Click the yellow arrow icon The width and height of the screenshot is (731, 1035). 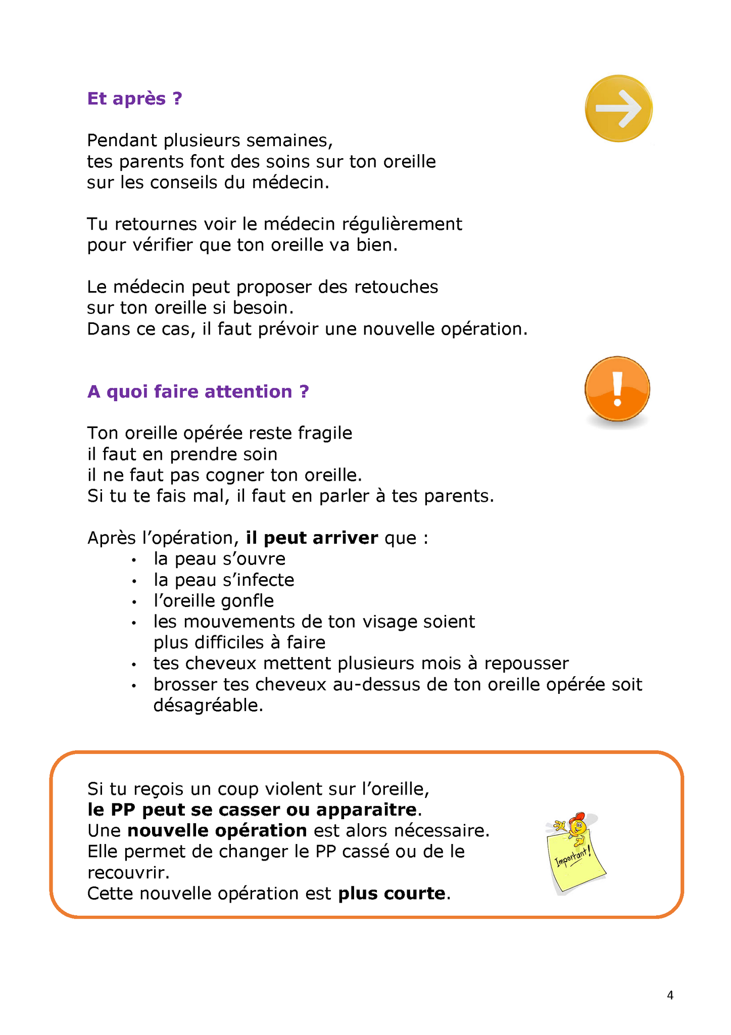[x=618, y=108]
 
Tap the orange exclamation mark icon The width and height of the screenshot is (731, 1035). [x=617, y=389]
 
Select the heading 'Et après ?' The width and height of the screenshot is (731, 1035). [x=134, y=98]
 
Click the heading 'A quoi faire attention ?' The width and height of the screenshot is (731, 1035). [x=198, y=392]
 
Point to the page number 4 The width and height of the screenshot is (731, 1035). [x=670, y=995]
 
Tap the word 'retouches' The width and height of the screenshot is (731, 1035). [x=396, y=287]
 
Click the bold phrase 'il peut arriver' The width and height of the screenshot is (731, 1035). [x=312, y=538]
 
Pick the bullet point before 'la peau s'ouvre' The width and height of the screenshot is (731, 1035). [x=134, y=560]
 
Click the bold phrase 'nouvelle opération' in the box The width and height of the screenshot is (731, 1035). [x=217, y=830]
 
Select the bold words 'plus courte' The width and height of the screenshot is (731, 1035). [x=392, y=893]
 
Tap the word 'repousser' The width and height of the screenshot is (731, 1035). [x=526, y=664]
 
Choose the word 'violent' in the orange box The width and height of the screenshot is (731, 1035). [x=295, y=788]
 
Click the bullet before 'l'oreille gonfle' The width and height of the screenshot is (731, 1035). [x=134, y=602]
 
